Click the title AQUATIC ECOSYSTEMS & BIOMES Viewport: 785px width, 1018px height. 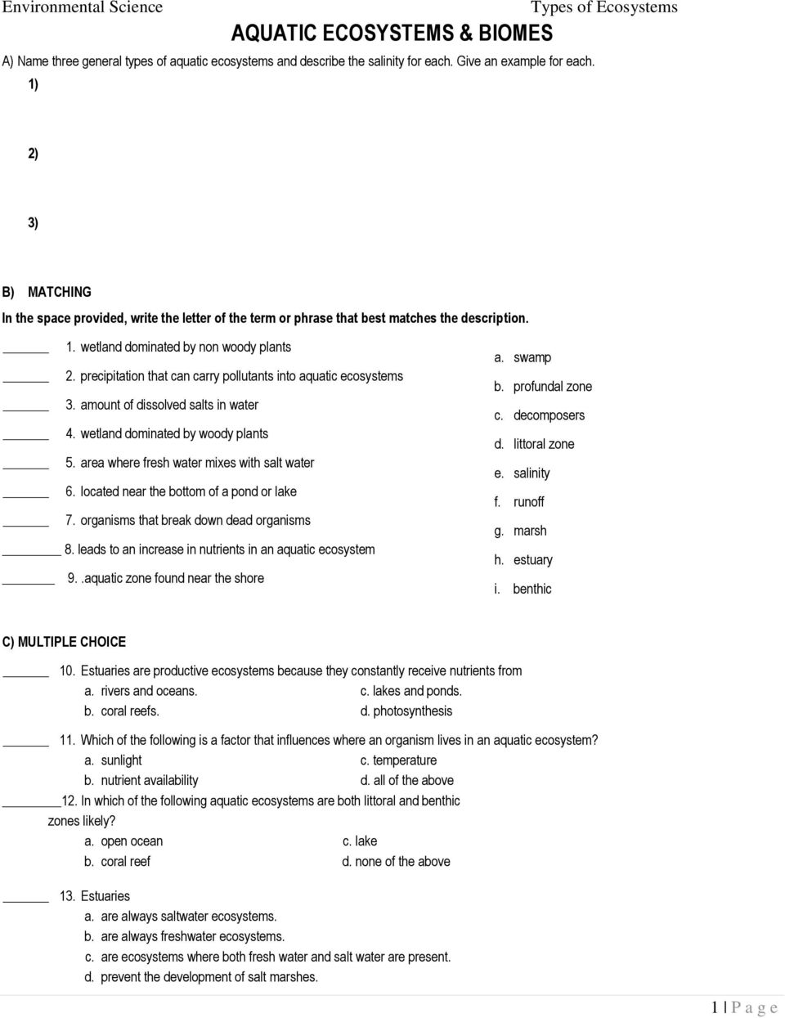click(x=392, y=34)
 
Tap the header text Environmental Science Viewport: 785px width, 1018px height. click(x=83, y=8)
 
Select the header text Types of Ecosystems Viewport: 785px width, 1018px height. click(x=603, y=8)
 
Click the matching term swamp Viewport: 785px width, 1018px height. click(x=532, y=357)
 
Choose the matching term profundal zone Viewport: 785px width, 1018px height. click(x=552, y=387)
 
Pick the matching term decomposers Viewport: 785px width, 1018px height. click(x=549, y=415)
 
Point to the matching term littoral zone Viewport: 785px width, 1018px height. click(x=543, y=444)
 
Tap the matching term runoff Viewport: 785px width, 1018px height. click(x=528, y=502)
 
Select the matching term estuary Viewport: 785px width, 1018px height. click(x=532, y=560)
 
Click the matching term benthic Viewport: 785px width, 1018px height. click(x=532, y=589)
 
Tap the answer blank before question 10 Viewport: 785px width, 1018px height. click(x=27, y=676)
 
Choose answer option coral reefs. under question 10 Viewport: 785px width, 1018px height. click(x=129, y=711)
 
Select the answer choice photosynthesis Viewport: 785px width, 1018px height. click(x=412, y=711)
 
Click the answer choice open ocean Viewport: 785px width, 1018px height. click(x=131, y=841)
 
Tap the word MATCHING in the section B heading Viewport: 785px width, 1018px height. click(x=60, y=292)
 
